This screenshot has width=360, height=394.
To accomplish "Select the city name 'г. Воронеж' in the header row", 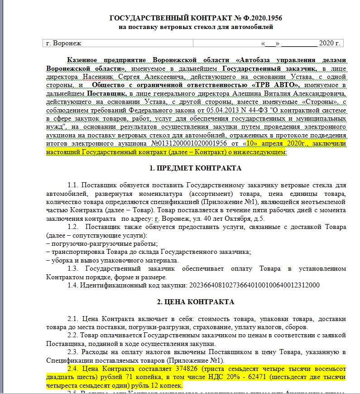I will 63,44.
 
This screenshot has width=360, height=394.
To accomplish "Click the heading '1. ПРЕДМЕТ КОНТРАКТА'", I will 196,168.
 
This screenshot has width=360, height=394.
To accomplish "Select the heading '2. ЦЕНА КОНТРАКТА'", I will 196,302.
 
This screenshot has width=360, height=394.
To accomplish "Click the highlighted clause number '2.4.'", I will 73,369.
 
